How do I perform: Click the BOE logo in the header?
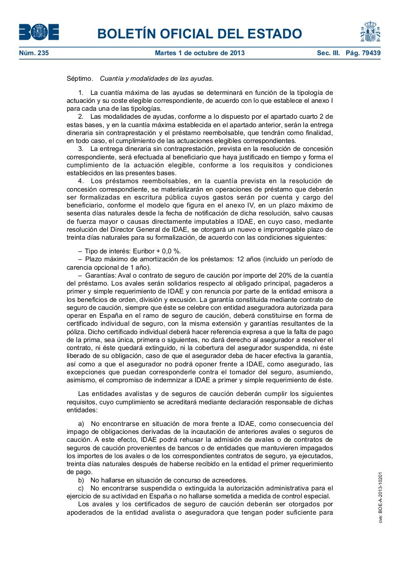tap(39, 32)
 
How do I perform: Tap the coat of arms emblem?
tap(370, 31)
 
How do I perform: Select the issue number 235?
tap(43, 53)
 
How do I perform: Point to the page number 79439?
tap(369, 53)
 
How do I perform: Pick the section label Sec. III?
tap(328, 53)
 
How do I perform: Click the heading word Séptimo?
tap(79, 79)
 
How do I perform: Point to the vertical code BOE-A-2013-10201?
tap(380, 497)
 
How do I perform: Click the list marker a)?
tap(81, 424)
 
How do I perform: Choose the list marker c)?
tap(81, 488)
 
